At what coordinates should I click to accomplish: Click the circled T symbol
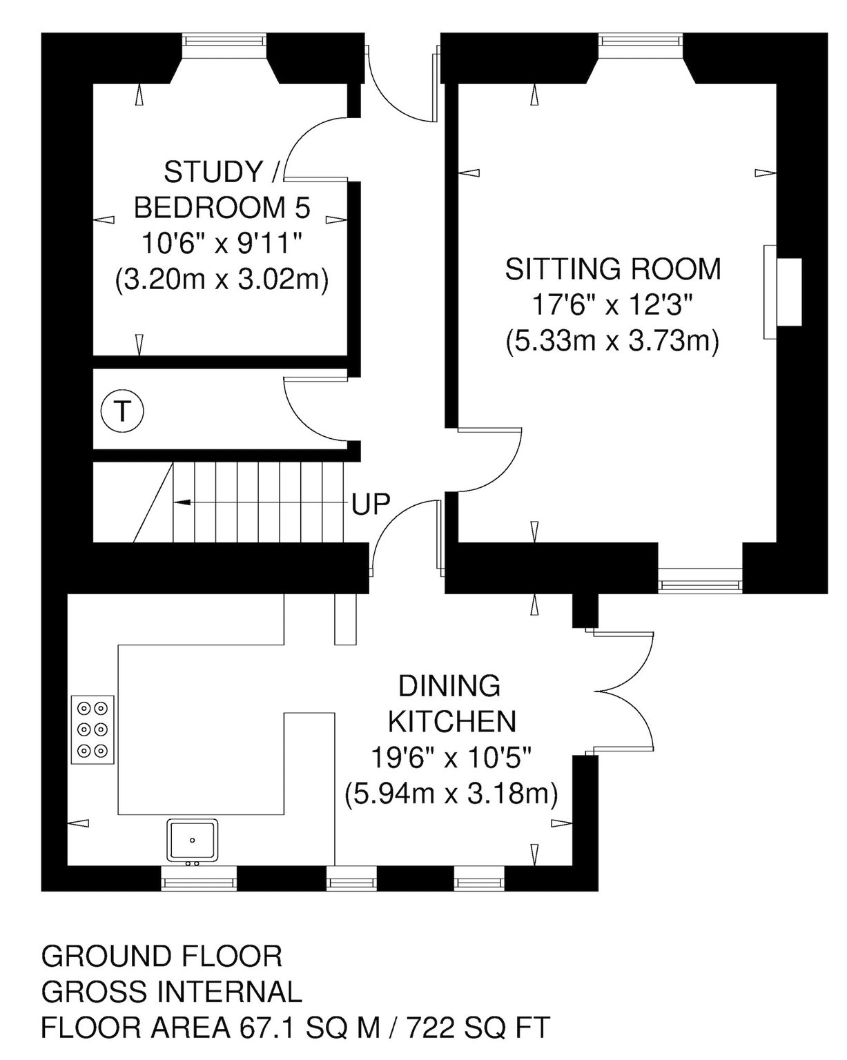click(121, 411)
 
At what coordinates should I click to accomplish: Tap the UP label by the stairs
click(371, 504)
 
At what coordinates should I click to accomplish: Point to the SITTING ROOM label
click(612, 269)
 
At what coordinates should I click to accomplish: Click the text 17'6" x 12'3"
click(612, 305)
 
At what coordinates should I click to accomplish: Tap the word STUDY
click(213, 172)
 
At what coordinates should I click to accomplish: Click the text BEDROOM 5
click(222, 207)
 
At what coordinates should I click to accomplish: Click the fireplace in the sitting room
click(782, 292)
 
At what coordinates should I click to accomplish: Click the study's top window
click(224, 40)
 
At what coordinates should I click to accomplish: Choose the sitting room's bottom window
click(700, 585)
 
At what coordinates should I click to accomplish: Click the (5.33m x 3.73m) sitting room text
click(612, 341)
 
